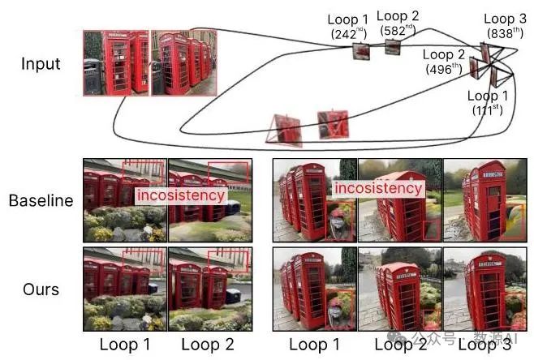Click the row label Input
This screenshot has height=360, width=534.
(41, 63)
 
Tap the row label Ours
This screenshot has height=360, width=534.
(41, 288)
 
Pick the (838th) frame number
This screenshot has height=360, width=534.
(499, 32)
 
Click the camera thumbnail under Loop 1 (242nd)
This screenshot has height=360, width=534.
(360, 53)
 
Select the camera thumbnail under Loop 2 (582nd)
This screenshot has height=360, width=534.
(393, 47)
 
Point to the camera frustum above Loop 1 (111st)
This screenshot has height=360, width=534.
(494, 77)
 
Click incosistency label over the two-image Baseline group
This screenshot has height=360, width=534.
(179, 195)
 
